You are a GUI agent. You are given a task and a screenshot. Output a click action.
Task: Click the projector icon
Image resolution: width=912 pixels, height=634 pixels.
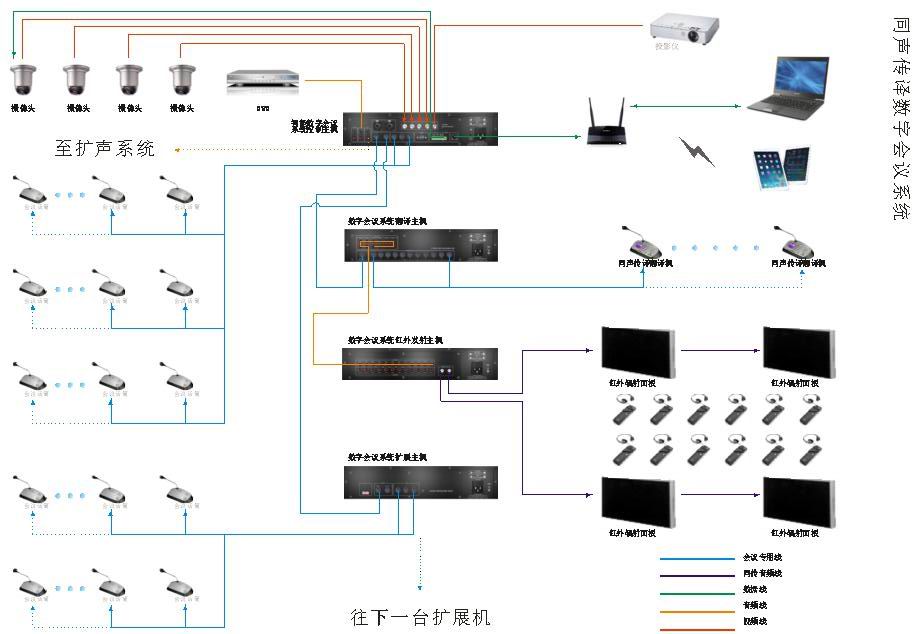(x=685, y=27)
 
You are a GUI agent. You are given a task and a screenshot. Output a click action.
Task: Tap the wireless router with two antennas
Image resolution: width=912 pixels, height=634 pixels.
(x=606, y=125)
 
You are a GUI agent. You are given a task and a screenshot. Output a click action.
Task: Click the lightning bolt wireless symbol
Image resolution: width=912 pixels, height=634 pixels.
(x=697, y=151)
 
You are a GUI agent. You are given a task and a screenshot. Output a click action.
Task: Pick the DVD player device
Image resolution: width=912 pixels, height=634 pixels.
(x=263, y=81)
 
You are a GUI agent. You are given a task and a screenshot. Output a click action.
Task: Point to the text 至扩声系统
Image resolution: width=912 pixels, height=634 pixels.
(x=105, y=150)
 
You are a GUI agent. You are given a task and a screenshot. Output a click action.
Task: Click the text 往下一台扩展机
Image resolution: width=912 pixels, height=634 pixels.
(x=421, y=616)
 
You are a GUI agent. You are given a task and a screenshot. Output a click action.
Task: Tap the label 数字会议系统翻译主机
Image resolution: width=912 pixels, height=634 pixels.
(x=387, y=221)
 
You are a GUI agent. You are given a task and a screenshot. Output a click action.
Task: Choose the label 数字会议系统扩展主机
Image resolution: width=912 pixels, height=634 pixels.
(x=387, y=457)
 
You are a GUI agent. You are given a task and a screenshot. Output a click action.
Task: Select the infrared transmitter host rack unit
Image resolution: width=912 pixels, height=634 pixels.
(x=420, y=364)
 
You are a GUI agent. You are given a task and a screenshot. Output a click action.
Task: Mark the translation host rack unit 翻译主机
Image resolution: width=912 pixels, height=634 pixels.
(x=420, y=246)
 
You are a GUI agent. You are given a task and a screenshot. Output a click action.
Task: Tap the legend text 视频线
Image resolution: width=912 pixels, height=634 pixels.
(x=754, y=621)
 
